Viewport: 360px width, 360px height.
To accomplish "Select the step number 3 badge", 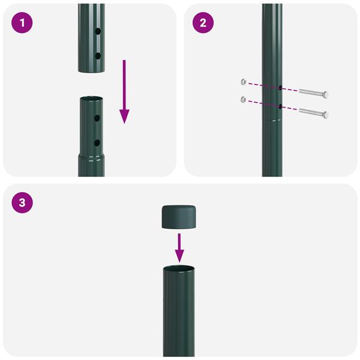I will pyautogui.click(x=22, y=202).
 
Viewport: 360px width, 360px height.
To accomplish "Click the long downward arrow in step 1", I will pyautogui.click(x=124, y=91).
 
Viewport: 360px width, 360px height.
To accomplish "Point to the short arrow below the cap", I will pyautogui.click(x=179, y=246).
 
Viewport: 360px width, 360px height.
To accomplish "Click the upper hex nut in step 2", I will pyautogui.click(x=242, y=81).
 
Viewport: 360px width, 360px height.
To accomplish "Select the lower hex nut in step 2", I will pyautogui.click(x=242, y=99).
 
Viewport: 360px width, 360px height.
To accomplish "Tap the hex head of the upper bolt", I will pyautogui.click(x=325, y=95).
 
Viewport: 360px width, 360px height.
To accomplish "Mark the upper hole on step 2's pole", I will pyautogui.click(x=280, y=88).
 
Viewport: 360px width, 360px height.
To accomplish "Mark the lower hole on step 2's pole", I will pyautogui.click(x=280, y=106).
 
